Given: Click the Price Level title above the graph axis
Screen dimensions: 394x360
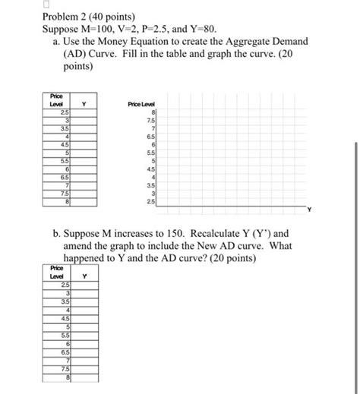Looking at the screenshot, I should pyautogui.click(x=141, y=104).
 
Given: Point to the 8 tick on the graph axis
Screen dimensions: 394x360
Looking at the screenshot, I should pyautogui.click(x=153, y=112).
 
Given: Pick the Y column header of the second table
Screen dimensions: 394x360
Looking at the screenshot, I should pyautogui.click(x=84, y=276).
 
